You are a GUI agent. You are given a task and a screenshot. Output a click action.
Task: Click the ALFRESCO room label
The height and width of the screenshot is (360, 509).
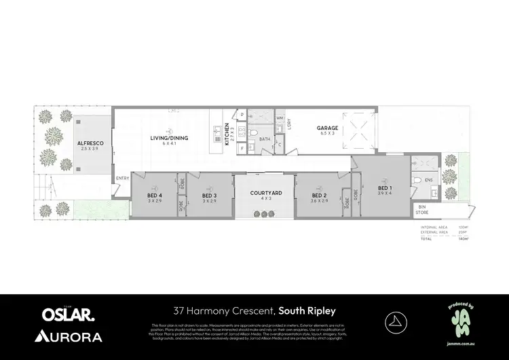pyautogui.click(x=89, y=143)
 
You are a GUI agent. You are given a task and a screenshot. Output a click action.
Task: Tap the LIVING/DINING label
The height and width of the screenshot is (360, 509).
pyautogui.click(x=169, y=139)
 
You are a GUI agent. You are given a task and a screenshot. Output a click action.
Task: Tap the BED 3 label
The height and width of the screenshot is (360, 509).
pyautogui.click(x=209, y=196)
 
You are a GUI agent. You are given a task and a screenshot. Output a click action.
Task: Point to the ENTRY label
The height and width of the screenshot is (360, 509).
pyautogui.click(x=122, y=179)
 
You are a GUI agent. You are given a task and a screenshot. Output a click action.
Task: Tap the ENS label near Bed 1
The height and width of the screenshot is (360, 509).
pyautogui.click(x=428, y=181)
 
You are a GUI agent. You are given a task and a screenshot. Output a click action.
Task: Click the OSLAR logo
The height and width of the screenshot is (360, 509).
pyautogui.click(x=68, y=314)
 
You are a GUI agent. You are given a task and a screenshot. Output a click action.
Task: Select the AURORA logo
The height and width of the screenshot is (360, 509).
pyautogui.click(x=68, y=336)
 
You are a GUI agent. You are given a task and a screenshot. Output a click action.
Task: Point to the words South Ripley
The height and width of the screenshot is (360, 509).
pyautogui.click(x=307, y=312)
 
